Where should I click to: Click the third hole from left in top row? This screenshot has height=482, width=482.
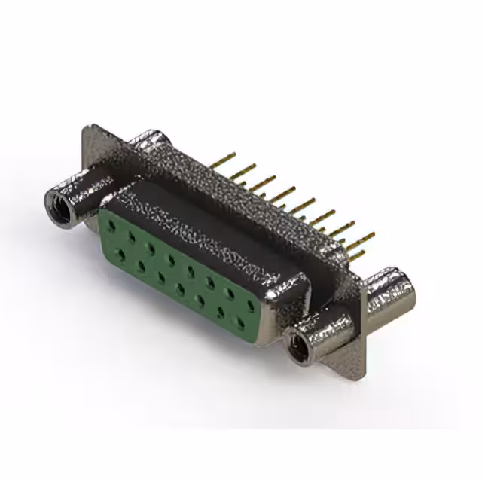pyautogui.click(x=151, y=246)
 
